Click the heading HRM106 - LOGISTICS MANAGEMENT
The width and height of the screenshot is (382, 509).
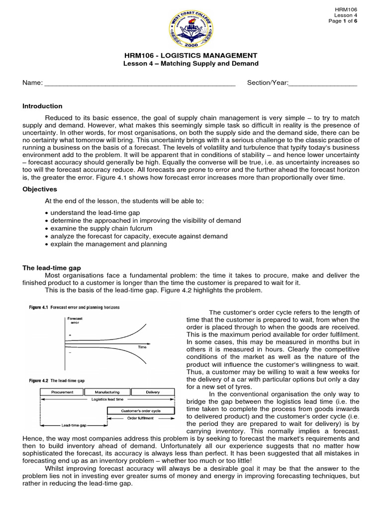pyautogui.click(x=191, y=55)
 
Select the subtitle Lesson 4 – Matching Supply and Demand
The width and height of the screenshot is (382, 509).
pyautogui.click(x=191, y=64)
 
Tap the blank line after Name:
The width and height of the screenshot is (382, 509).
pyautogui.click(x=140, y=84)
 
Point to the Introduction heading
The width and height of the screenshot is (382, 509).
pyautogui.click(x=42, y=106)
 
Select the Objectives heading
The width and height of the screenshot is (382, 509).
pyautogui.click(x=40, y=189)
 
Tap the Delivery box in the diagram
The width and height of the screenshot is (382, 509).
pyautogui.click(x=153, y=392)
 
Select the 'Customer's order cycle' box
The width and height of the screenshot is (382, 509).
pyautogui.click(x=141, y=411)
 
